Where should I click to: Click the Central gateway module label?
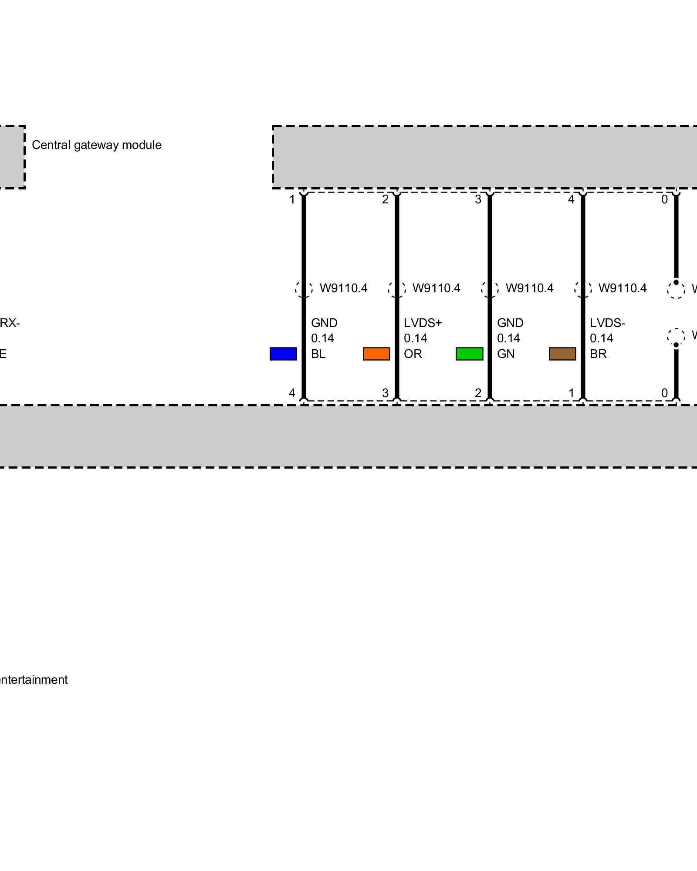pyautogui.click(x=97, y=145)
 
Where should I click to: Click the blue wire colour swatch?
pyautogui.click(x=283, y=354)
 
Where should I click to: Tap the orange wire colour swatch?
pyautogui.click(x=376, y=354)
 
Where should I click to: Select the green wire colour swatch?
pyautogui.click(x=469, y=354)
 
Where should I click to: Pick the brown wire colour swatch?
pyautogui.click(x=562, y=354)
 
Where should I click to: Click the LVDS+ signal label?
pyautogui.click(x=423, y=323)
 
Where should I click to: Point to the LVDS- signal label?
pyautogui.click(x=607, y=323)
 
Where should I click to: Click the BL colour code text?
pyautogui.click(x=318, y=354)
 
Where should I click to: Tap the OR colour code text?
pyautogui.click(x=413, y=354)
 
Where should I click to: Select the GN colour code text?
pyautogui.click(x=506, y=354)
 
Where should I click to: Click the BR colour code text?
pyautogui.click(x=598, y=354)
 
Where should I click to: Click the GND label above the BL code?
pyautogui.click(x=324, y=323)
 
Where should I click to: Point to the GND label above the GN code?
pyautogui.click(x=510, y=323)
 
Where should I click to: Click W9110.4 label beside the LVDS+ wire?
pyautogui.click(x=436, y=288)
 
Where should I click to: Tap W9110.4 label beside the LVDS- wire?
pyautogui.click(x=623, y=288)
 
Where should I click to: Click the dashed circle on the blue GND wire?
pyautogui.click(x=304, y=289)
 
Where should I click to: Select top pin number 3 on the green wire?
pyautogui.click(x=478, y=199)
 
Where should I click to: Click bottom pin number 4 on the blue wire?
pyautogui.click(x=292, y=393)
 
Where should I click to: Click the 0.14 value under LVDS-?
pyautogui.click(x=601, y=338)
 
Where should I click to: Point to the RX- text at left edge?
pyautogui.click(x=10, y=323)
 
